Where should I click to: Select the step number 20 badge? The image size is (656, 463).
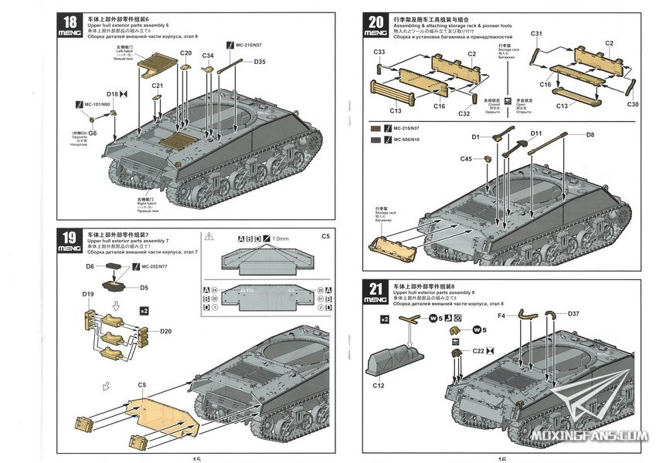coord(377,26)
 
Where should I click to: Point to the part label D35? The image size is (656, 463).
coord(259,62)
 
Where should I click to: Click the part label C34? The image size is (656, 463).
coord(209,56)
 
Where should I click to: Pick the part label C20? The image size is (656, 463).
coord(185,53)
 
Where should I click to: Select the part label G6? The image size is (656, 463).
coord(93,133)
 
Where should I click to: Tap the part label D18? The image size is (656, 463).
coord(112,93)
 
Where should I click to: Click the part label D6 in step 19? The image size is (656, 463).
coord(90,265)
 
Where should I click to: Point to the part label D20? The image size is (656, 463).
coord(165,331)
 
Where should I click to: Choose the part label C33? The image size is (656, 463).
coord(379,52)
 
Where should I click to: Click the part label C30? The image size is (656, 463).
coord(633,104)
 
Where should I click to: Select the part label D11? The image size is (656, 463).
coord(536,133)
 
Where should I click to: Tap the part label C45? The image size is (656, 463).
coord(466,159)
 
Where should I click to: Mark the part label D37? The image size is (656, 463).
coord(573,313)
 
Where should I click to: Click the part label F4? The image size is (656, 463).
coord(501,315)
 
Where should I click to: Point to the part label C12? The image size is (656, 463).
coord(379,385)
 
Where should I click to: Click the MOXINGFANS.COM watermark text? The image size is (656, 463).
coord(590,438)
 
